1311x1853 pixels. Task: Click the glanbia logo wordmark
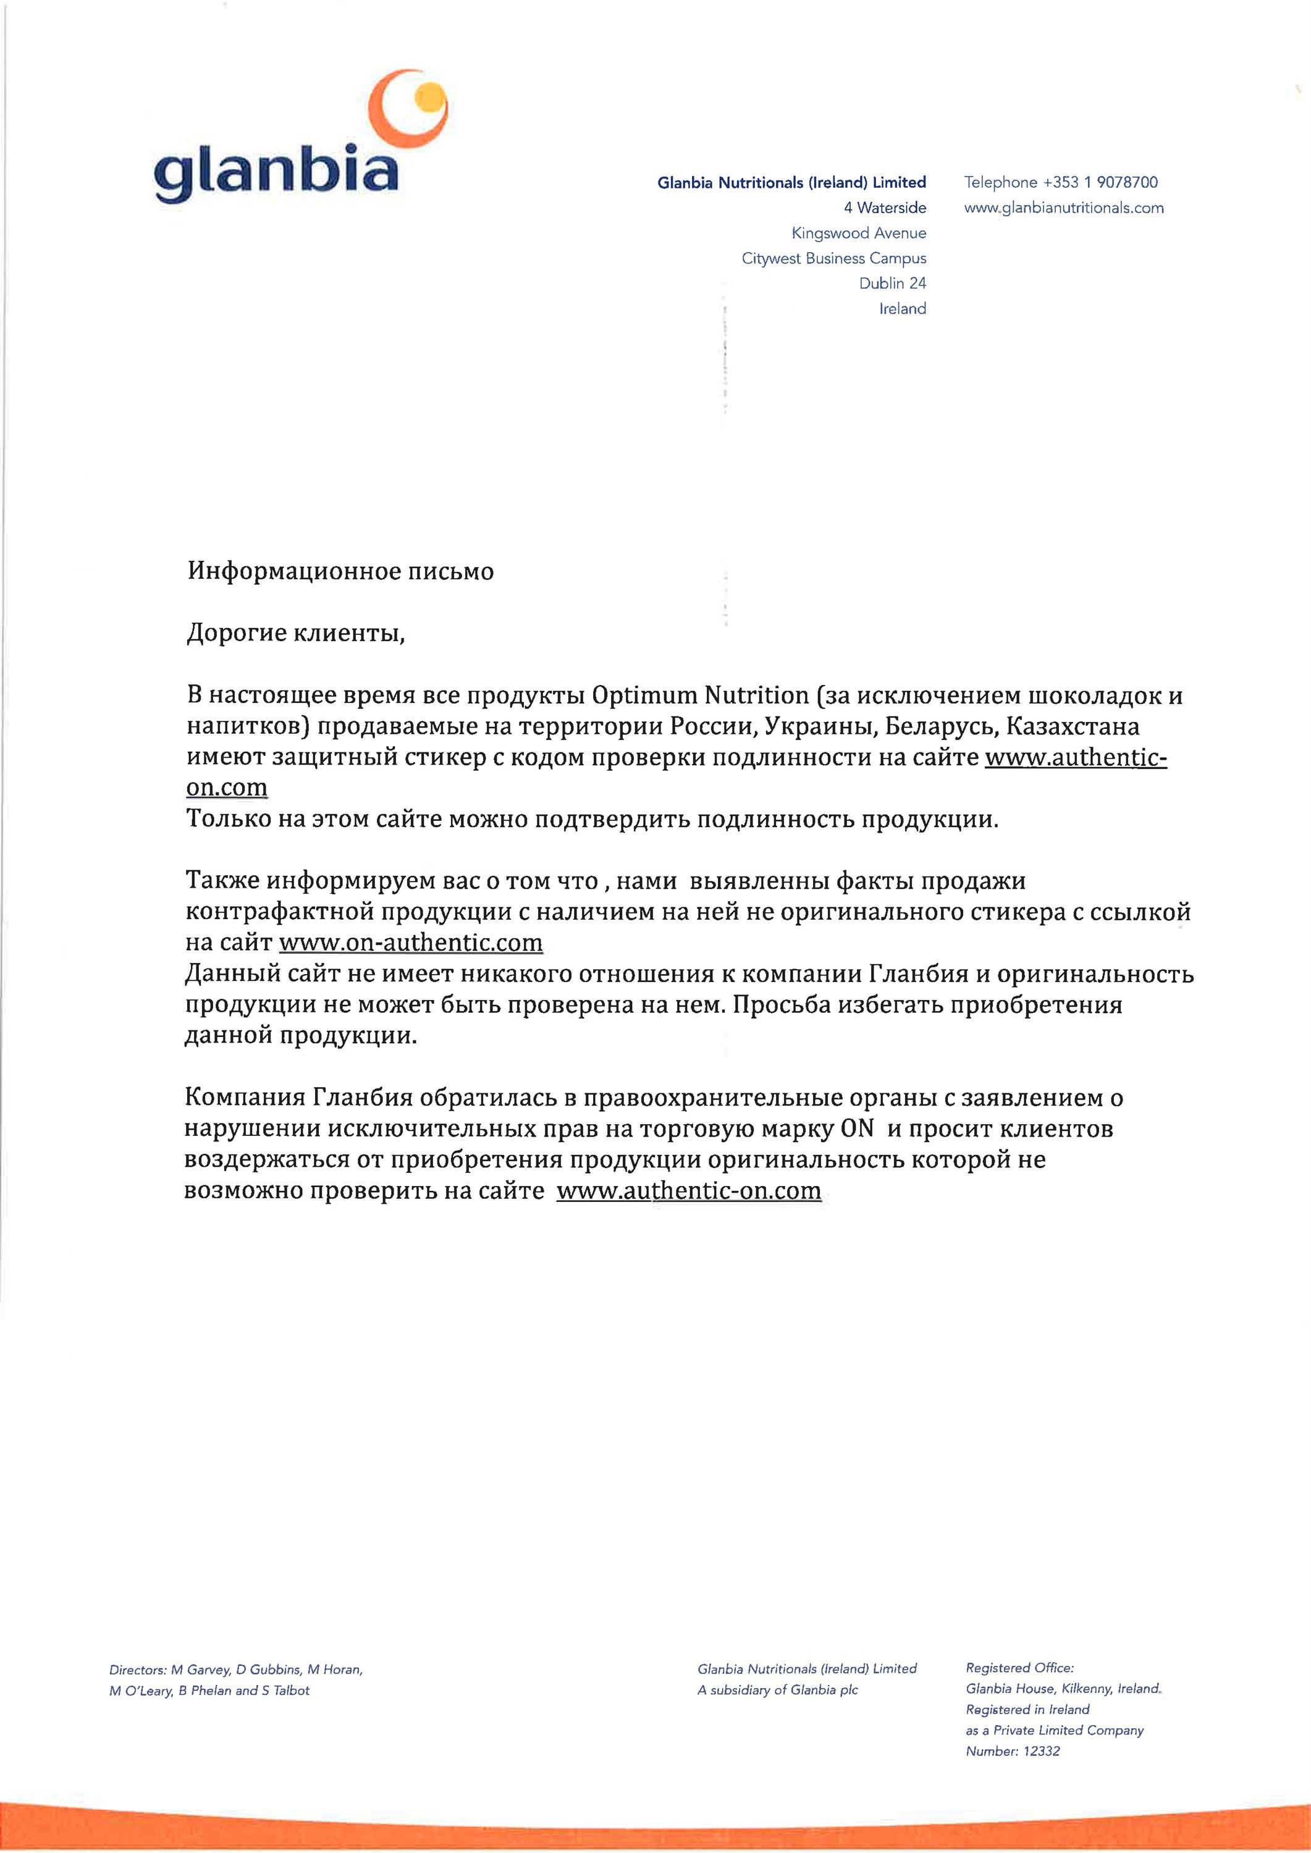click(x=276, y=172)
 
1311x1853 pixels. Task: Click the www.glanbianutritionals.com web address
click(x=1063, y=208)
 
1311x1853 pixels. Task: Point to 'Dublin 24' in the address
click(x=892, y=284)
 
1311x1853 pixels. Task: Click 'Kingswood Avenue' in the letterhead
click(x=858, y=233)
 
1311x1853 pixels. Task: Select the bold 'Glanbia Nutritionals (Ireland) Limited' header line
click(x=791, y=182)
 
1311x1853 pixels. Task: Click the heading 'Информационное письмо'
click(x=340, y=571)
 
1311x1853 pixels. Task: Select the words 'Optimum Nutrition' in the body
click(x=700, y=695)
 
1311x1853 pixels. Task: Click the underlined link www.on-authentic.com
click(x=410, y=943)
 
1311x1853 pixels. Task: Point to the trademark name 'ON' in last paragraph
click(x=858, y=1128)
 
